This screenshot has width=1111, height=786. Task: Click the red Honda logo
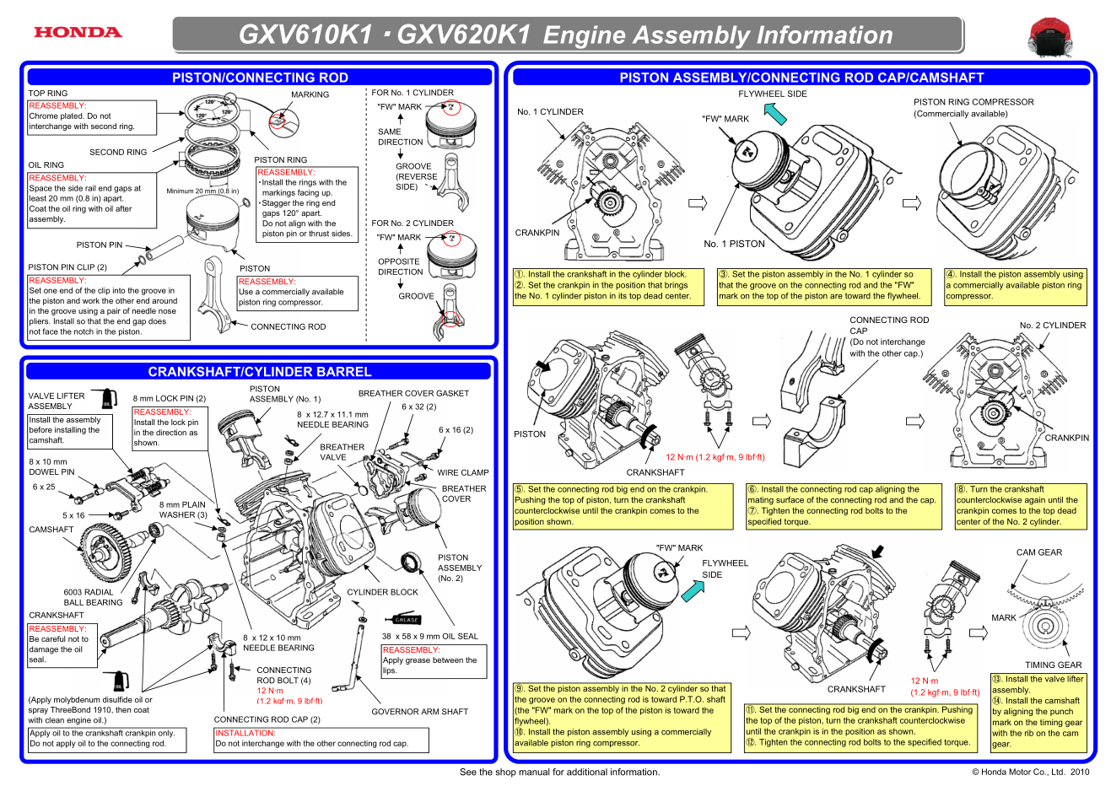(78, 33)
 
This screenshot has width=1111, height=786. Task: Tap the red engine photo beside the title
(1049, 37)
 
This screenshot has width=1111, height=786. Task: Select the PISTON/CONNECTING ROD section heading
(260, 78)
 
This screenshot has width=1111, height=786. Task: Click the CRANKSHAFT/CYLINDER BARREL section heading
(259, 372)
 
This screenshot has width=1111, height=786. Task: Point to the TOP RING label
(48, 94)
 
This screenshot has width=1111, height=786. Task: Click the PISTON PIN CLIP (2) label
(67, 267)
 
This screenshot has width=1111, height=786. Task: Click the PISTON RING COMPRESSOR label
(973, 102)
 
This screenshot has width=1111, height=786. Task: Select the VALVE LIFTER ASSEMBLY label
(57, 401)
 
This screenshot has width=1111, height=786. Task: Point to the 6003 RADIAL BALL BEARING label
(93, 597)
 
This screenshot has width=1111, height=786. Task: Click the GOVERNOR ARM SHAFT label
(419, 712)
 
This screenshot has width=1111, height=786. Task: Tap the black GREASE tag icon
(407, 620)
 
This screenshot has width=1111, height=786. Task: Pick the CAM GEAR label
(1038, 552)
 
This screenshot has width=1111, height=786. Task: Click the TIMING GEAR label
(1053, 665)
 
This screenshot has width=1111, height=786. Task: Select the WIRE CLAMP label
(462, 473)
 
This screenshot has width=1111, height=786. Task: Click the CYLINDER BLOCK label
(382, 592)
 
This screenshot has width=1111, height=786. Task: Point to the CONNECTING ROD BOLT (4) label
(283, 675)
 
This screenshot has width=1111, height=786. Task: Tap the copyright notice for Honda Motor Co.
(1030, 772)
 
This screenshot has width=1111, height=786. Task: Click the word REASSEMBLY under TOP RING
(57, 105)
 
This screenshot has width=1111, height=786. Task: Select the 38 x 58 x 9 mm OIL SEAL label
(429, 637)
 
